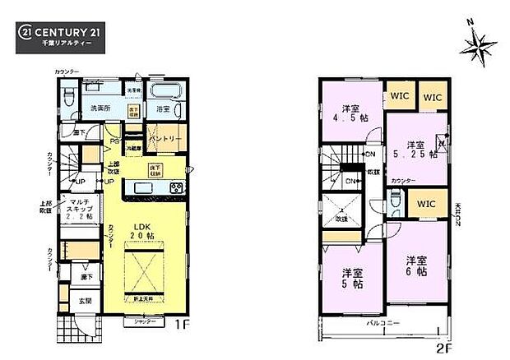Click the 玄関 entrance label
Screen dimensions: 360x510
click(84, 302)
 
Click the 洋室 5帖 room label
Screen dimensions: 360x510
click(354, 279)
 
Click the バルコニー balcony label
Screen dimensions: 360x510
click(382, 324)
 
